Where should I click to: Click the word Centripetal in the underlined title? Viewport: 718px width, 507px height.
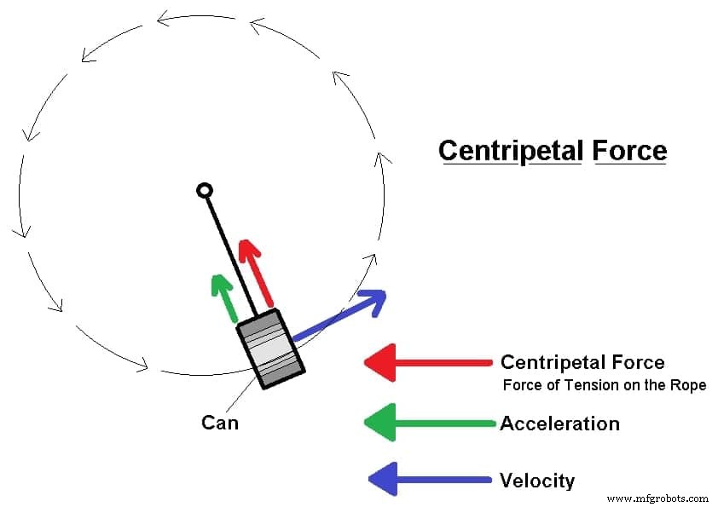[x=510, y=151]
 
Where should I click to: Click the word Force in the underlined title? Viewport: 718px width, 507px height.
[x=629, y=151]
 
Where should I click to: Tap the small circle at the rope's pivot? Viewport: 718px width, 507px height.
[x=204, y=190]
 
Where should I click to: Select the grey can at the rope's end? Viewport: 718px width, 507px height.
[x=270, y=350]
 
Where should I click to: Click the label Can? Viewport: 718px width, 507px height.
[x=219, y=422]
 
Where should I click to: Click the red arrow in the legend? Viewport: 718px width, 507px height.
[x=426, y=363]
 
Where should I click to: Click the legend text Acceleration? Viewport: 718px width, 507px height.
[x=559, y=423]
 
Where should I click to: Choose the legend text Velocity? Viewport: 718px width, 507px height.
[x=537, y=481]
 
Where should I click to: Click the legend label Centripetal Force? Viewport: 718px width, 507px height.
[x=582, y=363]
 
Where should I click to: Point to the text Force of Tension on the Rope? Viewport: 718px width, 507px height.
[x=604, y=386]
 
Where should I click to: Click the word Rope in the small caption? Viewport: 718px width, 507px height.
[x=690, y=386]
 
